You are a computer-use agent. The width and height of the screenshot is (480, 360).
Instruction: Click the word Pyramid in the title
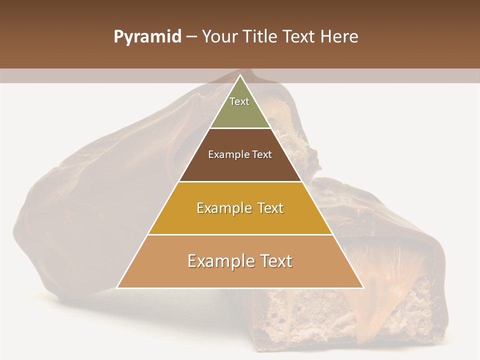(x=147, y=37)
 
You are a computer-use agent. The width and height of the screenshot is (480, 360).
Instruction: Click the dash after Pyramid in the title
(x=191, y=37)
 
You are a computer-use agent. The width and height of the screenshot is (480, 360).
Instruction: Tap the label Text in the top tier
(x=239, y=101)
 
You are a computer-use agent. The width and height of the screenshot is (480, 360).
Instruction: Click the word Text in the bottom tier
(x=272, y=261)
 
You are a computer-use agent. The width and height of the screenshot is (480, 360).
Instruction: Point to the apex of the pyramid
(x=240, y=75)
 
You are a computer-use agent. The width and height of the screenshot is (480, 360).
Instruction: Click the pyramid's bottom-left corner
(x=117, y=287)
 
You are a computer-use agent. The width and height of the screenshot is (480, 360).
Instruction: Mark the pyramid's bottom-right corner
(x=363, y=287)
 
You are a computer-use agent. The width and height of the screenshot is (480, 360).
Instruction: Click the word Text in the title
(x=301, y=37)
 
